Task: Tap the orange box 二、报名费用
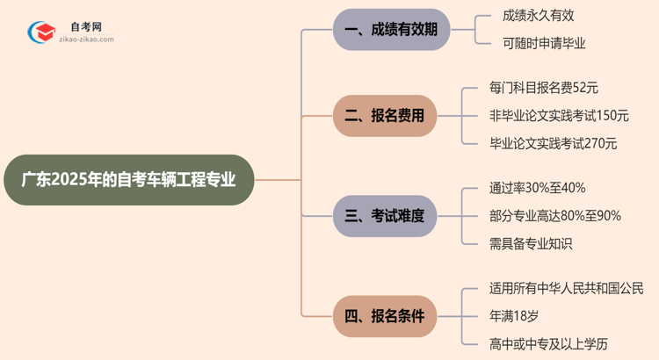click(x=385, y=115)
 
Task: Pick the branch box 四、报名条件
click(x=385, y=315)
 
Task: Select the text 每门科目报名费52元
click(x=544, y=88)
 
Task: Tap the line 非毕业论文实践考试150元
click(x=559, y=115)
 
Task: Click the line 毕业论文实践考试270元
click(x=553, y=143)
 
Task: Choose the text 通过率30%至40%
click(x=537, y=188)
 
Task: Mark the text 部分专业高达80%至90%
click(x=554, y=216)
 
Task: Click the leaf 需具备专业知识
click(x=531, y=244)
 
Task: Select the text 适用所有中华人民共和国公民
click(x=566, y=288)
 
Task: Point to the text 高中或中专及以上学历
click(x=549, y=343)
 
